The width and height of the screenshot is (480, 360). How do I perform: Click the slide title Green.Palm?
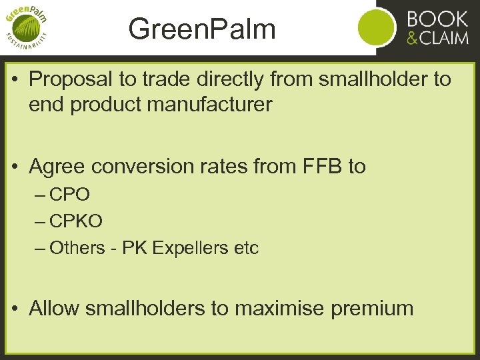point(202,29)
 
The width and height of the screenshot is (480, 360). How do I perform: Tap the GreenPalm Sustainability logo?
point(27,28)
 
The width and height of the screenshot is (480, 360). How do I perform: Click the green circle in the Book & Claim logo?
point(377,28)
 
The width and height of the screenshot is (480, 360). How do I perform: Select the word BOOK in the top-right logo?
point(437,18)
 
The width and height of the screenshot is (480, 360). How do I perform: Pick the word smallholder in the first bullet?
point(375,79)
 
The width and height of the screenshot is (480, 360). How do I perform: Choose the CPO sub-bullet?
point(69,195)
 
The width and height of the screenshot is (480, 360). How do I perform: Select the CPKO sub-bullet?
point(76,221)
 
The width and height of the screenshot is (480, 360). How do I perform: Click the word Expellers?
point(190,248)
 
